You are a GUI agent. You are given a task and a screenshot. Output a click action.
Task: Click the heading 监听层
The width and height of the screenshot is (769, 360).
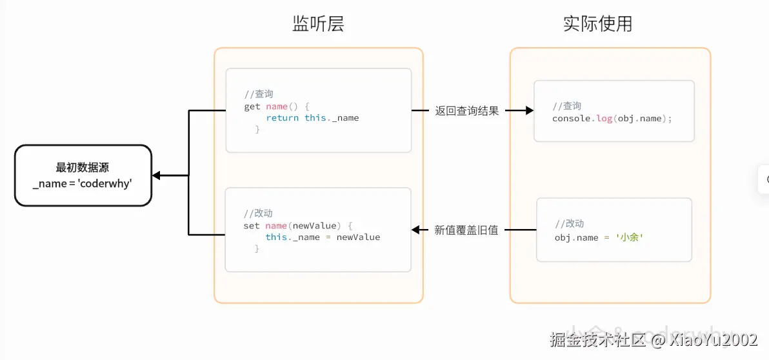coord(318,25)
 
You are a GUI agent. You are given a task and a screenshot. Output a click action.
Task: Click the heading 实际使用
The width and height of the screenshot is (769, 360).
coord(597,25)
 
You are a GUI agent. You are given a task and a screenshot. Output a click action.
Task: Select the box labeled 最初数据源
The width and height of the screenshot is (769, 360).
coord(83,175)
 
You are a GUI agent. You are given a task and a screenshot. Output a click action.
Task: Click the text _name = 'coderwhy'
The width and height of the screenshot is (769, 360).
coord(83,184)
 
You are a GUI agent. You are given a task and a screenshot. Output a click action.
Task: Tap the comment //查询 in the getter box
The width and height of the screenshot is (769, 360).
coord(259,94)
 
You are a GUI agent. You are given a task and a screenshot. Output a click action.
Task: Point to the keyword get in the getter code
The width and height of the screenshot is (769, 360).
coord(252,106)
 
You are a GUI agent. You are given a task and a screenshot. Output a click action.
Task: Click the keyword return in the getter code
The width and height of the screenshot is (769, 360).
coord(282,118)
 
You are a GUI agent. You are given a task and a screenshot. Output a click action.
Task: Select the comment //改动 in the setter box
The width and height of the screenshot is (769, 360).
coord(258,214)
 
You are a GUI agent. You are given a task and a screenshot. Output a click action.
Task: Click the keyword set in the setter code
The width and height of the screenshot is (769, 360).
coord(252,226)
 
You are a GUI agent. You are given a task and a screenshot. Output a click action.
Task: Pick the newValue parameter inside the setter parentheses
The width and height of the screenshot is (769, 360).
coord(314,226)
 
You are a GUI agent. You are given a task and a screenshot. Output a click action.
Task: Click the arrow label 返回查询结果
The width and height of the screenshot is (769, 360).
coord(467,111)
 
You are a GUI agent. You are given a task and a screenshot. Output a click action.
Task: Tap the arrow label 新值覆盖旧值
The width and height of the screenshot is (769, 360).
coord(466,230)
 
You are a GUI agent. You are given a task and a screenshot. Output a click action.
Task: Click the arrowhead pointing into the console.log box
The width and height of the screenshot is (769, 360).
coord(529,111)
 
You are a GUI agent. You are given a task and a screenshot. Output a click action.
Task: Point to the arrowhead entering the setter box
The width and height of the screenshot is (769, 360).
coord(416,230)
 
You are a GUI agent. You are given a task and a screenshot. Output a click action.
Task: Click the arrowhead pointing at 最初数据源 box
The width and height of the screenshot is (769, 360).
coord(157,175)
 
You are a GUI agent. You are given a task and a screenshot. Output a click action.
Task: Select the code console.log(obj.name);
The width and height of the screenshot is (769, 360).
coord(612,119)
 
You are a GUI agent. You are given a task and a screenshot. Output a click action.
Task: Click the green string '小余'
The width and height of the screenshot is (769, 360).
coord(630,238)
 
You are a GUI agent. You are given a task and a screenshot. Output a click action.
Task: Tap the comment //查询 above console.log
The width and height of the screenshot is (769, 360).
coord(567,106)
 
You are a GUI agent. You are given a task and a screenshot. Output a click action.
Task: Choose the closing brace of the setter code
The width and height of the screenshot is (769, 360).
coord(257,248)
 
